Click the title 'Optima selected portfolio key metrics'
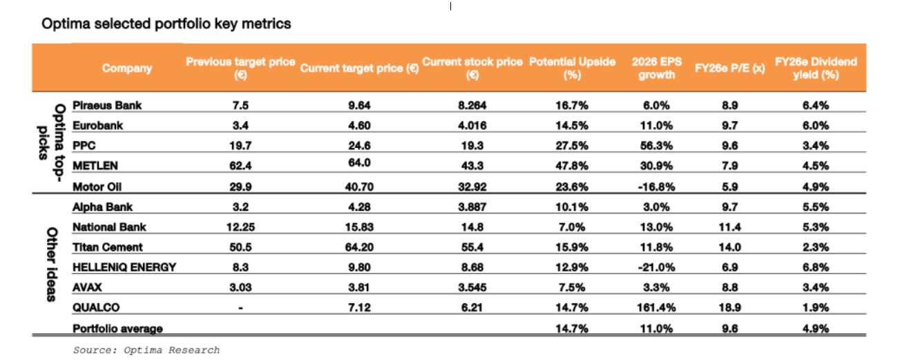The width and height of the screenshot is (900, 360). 166,23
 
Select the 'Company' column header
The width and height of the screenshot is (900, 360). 127,68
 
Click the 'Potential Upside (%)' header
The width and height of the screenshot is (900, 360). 572,68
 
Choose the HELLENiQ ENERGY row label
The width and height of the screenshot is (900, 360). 124,267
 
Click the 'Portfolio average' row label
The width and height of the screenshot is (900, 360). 117,329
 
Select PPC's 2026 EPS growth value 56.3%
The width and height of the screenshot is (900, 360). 656,146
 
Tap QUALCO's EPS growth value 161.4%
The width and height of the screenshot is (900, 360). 656,308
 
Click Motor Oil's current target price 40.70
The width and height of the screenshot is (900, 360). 359,187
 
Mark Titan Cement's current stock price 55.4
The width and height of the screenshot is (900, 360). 472,247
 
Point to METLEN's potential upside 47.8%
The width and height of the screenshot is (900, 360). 572,167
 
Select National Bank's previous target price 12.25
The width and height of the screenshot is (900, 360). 240,227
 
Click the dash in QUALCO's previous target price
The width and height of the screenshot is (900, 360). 240,308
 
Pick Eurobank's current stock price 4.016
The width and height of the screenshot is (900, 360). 472,126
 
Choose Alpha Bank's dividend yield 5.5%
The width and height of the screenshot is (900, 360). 816,207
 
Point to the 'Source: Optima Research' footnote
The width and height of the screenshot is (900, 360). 146,350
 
